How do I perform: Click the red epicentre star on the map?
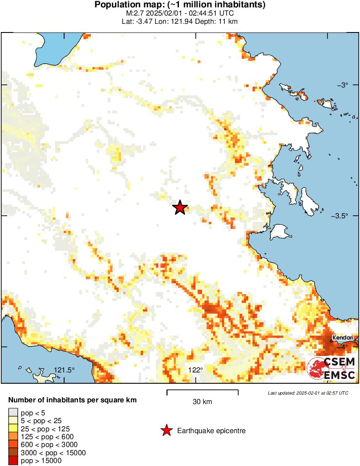point(180,208)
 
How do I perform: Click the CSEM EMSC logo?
point(332,369)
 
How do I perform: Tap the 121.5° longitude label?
point(65,370)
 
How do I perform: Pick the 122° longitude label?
point(196,370)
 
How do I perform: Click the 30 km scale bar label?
point(202,402)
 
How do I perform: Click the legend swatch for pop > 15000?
point(13,461)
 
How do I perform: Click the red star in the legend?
point(166,430)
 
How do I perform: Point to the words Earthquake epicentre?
point(211,431)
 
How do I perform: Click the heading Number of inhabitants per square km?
point(73,400)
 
